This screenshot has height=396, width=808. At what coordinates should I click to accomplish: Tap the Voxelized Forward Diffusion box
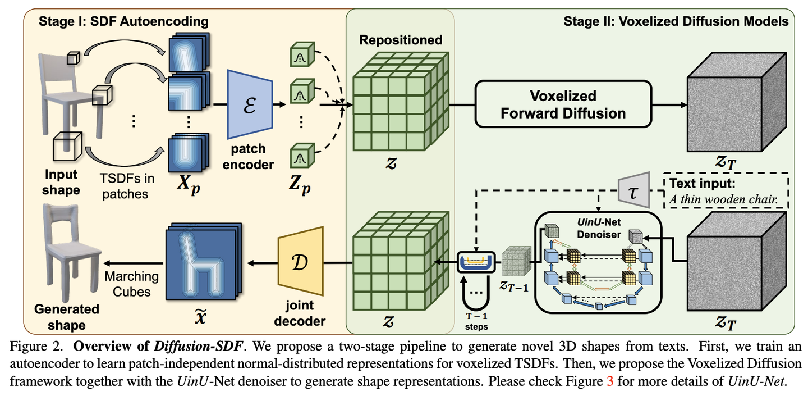click(563, 104)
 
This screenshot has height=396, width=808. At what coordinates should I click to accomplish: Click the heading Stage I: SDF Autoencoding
click(123, 22)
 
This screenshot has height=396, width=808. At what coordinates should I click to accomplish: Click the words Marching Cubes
click(131, 284)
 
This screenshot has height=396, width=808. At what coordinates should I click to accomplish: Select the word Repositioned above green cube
click(401, 40)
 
